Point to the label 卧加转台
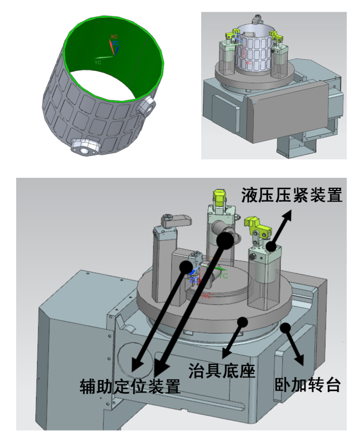308,384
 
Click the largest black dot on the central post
225,240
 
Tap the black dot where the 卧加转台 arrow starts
285,327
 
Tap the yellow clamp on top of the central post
219,197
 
